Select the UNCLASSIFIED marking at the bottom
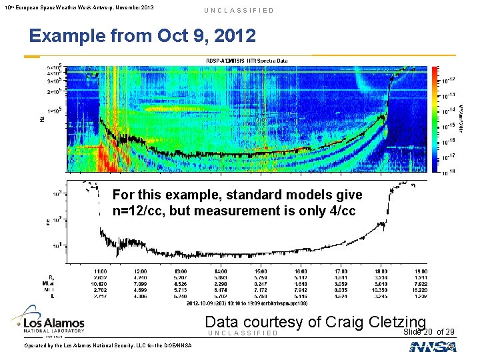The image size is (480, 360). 243,333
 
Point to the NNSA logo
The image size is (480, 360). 433,347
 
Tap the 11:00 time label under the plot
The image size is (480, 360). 101,272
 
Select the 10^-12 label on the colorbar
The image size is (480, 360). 449,81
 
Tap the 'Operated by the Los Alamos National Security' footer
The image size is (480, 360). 99,345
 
